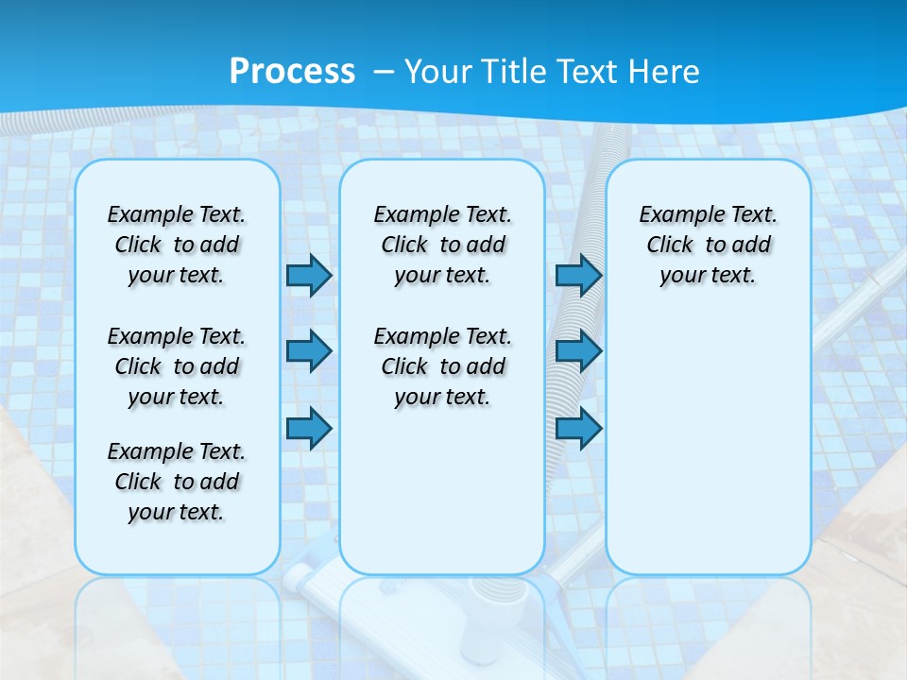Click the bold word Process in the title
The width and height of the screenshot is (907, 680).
point(292,71)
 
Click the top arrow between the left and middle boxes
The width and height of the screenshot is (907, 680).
point(309,275)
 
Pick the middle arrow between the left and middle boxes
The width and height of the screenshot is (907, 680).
point(309,351)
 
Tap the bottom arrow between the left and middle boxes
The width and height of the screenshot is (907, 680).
point(309,428)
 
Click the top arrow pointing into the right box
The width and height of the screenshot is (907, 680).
point(578,275)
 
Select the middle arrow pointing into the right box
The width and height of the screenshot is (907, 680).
point(578,351)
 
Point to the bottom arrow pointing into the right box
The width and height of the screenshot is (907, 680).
point(578,428)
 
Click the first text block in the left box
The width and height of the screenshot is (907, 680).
point(177,245)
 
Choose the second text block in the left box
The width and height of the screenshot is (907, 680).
point(177,366)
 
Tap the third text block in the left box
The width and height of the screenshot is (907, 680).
point(177,482)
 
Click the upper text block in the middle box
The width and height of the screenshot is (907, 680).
point(442,245)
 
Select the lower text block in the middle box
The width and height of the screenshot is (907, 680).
point(442,366)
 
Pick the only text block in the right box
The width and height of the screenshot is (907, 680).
point(708,245)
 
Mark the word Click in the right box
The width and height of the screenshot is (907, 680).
point(670,246)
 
